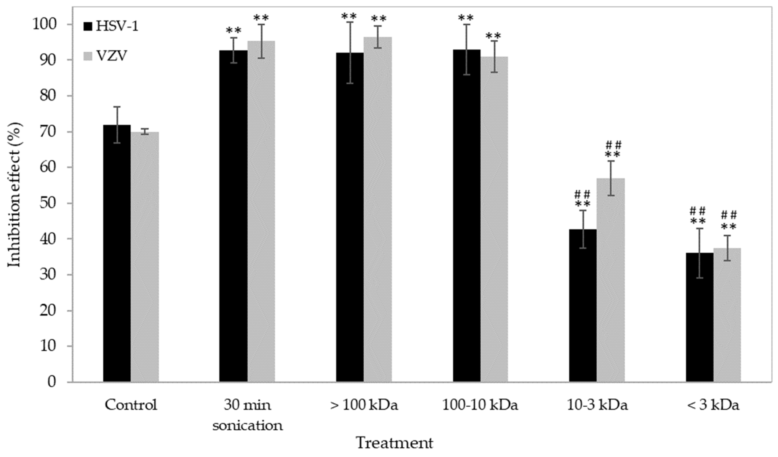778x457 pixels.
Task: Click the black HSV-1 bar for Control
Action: point(117,253)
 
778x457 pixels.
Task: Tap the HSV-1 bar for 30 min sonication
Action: point(233,216)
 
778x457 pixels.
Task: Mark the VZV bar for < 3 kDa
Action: point(727,315)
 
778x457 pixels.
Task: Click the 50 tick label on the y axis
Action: point(48,203)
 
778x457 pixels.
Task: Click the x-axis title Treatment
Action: point(394,443)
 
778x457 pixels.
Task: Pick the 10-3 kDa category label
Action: point(597,405)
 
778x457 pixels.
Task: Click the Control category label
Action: point(131,405)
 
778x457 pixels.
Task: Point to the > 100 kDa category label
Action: point(364,405)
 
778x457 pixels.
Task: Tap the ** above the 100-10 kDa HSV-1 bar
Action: point(466,18)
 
